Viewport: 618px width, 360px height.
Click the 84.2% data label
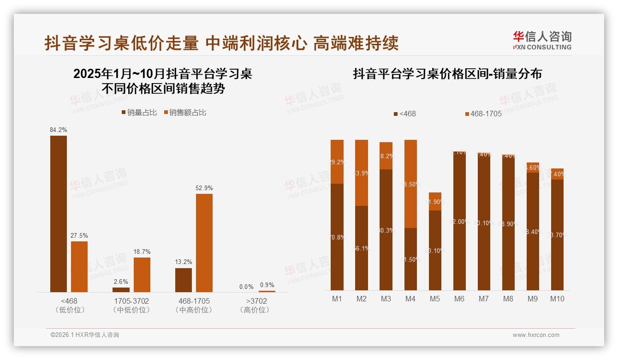(x=59, y=130)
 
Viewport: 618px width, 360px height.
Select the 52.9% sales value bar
(x=204, y=242)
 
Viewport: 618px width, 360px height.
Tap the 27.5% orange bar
(x=79, y=266)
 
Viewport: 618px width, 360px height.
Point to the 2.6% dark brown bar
(x=121, y=290)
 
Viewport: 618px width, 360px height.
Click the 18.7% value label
(x=142, y=252)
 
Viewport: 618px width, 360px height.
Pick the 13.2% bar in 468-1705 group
(x=184, y=280)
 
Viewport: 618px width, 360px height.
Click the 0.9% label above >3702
(x=267, y=285)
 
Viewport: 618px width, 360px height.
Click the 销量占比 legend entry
(x=139, y=112)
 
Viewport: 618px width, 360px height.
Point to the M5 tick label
(x=435, y=299)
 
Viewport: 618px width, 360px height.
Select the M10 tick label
(x=557, y=299)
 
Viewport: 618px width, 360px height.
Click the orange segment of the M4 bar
(x=410, y=184)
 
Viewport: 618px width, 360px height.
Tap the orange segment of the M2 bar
(x=362, y=173)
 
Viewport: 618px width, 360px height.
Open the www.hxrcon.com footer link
(x=536, y=335)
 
